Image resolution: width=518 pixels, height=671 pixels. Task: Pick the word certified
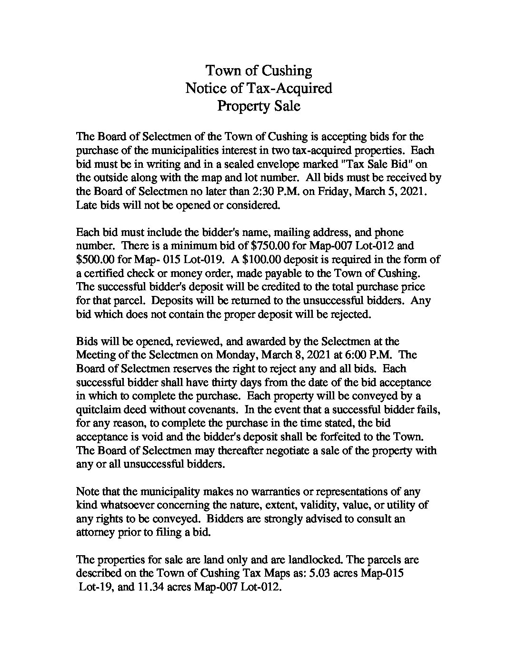coord(101,274)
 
